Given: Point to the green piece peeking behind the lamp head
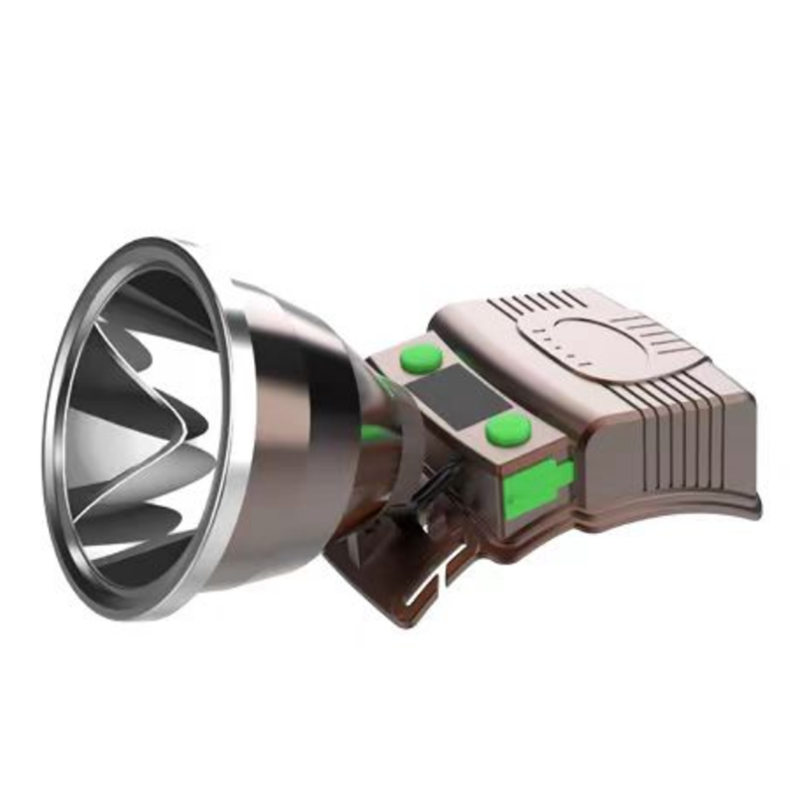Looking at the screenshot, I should tap(372, 433).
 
